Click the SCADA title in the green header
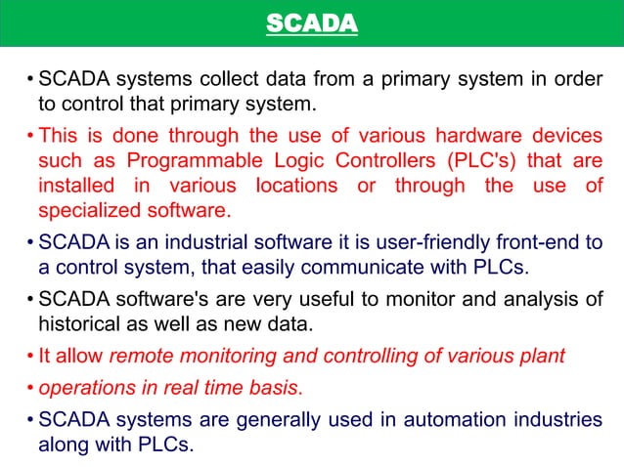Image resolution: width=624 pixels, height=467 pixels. (x=312, y=22)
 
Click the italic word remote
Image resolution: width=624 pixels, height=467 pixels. (x=139, y=356)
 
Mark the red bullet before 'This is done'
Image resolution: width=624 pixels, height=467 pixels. (x=31, y=138)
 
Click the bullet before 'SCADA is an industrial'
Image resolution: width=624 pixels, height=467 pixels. (x=31, y=241)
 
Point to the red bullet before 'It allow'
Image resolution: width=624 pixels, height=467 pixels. (x=31, y=356)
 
